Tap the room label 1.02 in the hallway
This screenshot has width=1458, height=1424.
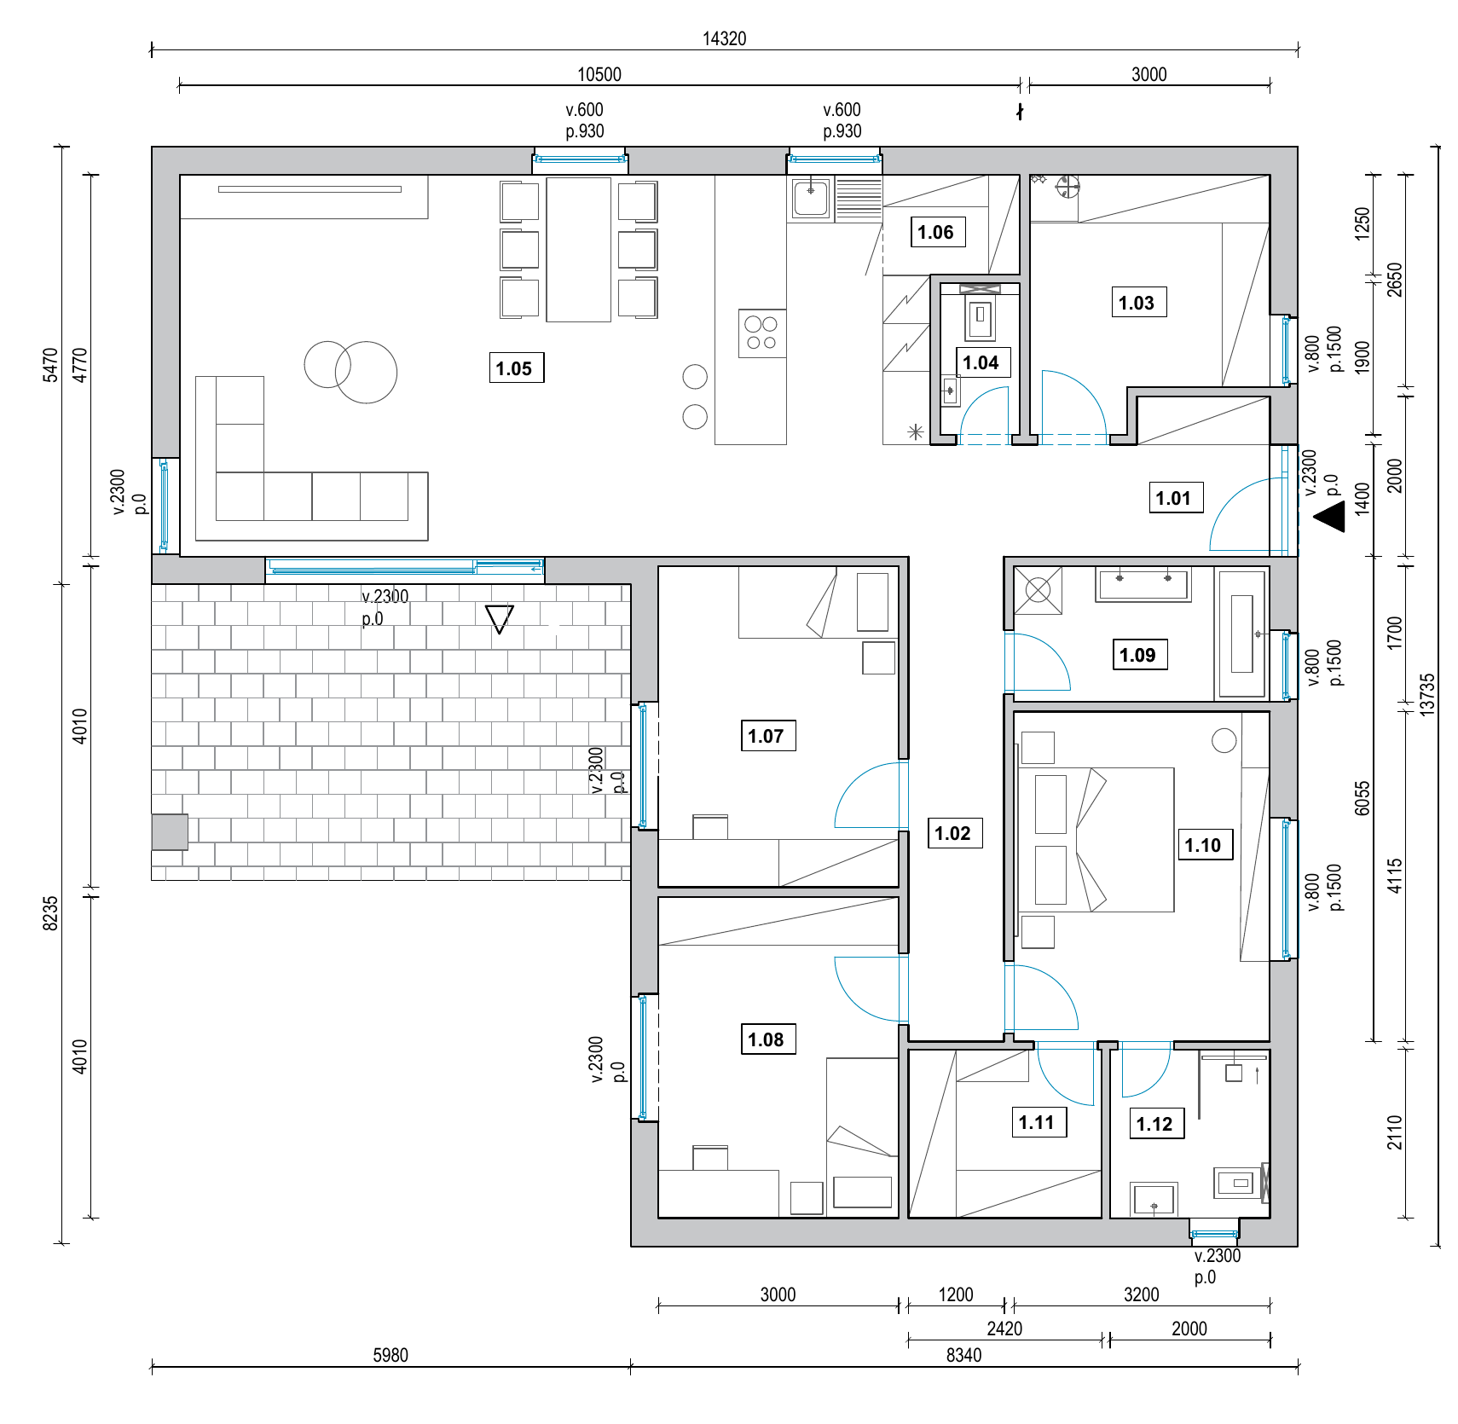(x=954, y=833)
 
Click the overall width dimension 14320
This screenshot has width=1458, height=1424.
(x=724, y=38)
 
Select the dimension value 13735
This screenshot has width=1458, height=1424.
(x=1427, y=693)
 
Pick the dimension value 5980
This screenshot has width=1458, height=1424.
(x=391, y=1355)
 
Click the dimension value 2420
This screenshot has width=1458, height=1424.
(x=1004, y=1328)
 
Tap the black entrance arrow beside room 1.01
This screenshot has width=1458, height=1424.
(x=1329, y=517)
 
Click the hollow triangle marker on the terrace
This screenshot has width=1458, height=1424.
(x=500, y=619)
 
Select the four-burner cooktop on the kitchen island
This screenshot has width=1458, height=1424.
(x=762, y=333)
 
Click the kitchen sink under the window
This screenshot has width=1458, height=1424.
(x=811, y=199)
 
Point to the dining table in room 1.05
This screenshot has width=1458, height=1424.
(x=579, y=250)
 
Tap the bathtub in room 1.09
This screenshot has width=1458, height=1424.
(x=1242, y=634)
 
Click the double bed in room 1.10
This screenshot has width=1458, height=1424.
(x=1096, y=840)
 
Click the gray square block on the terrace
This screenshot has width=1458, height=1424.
(x=170, y=832)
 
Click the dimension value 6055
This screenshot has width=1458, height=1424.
(x=1363, y=799)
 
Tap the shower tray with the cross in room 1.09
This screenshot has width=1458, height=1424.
(x=1039, y=590)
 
